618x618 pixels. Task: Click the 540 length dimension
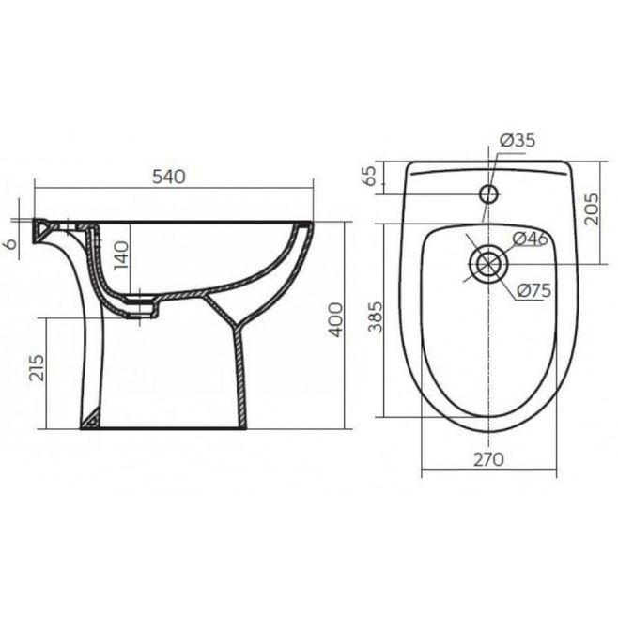pos(169,177)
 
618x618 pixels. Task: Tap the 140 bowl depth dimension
pos(121,255)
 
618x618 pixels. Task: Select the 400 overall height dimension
pos(336,319)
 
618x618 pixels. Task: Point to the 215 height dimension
pos(38,368)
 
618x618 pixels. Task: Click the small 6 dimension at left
pos(12,243)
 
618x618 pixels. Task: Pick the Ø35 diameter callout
pos(518,140)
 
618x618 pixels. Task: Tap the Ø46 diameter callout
pos(531,239)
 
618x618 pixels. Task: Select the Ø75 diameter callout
pos(534,291)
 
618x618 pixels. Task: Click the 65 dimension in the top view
pos(370,176)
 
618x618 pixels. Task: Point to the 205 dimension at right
pos(591,209)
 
